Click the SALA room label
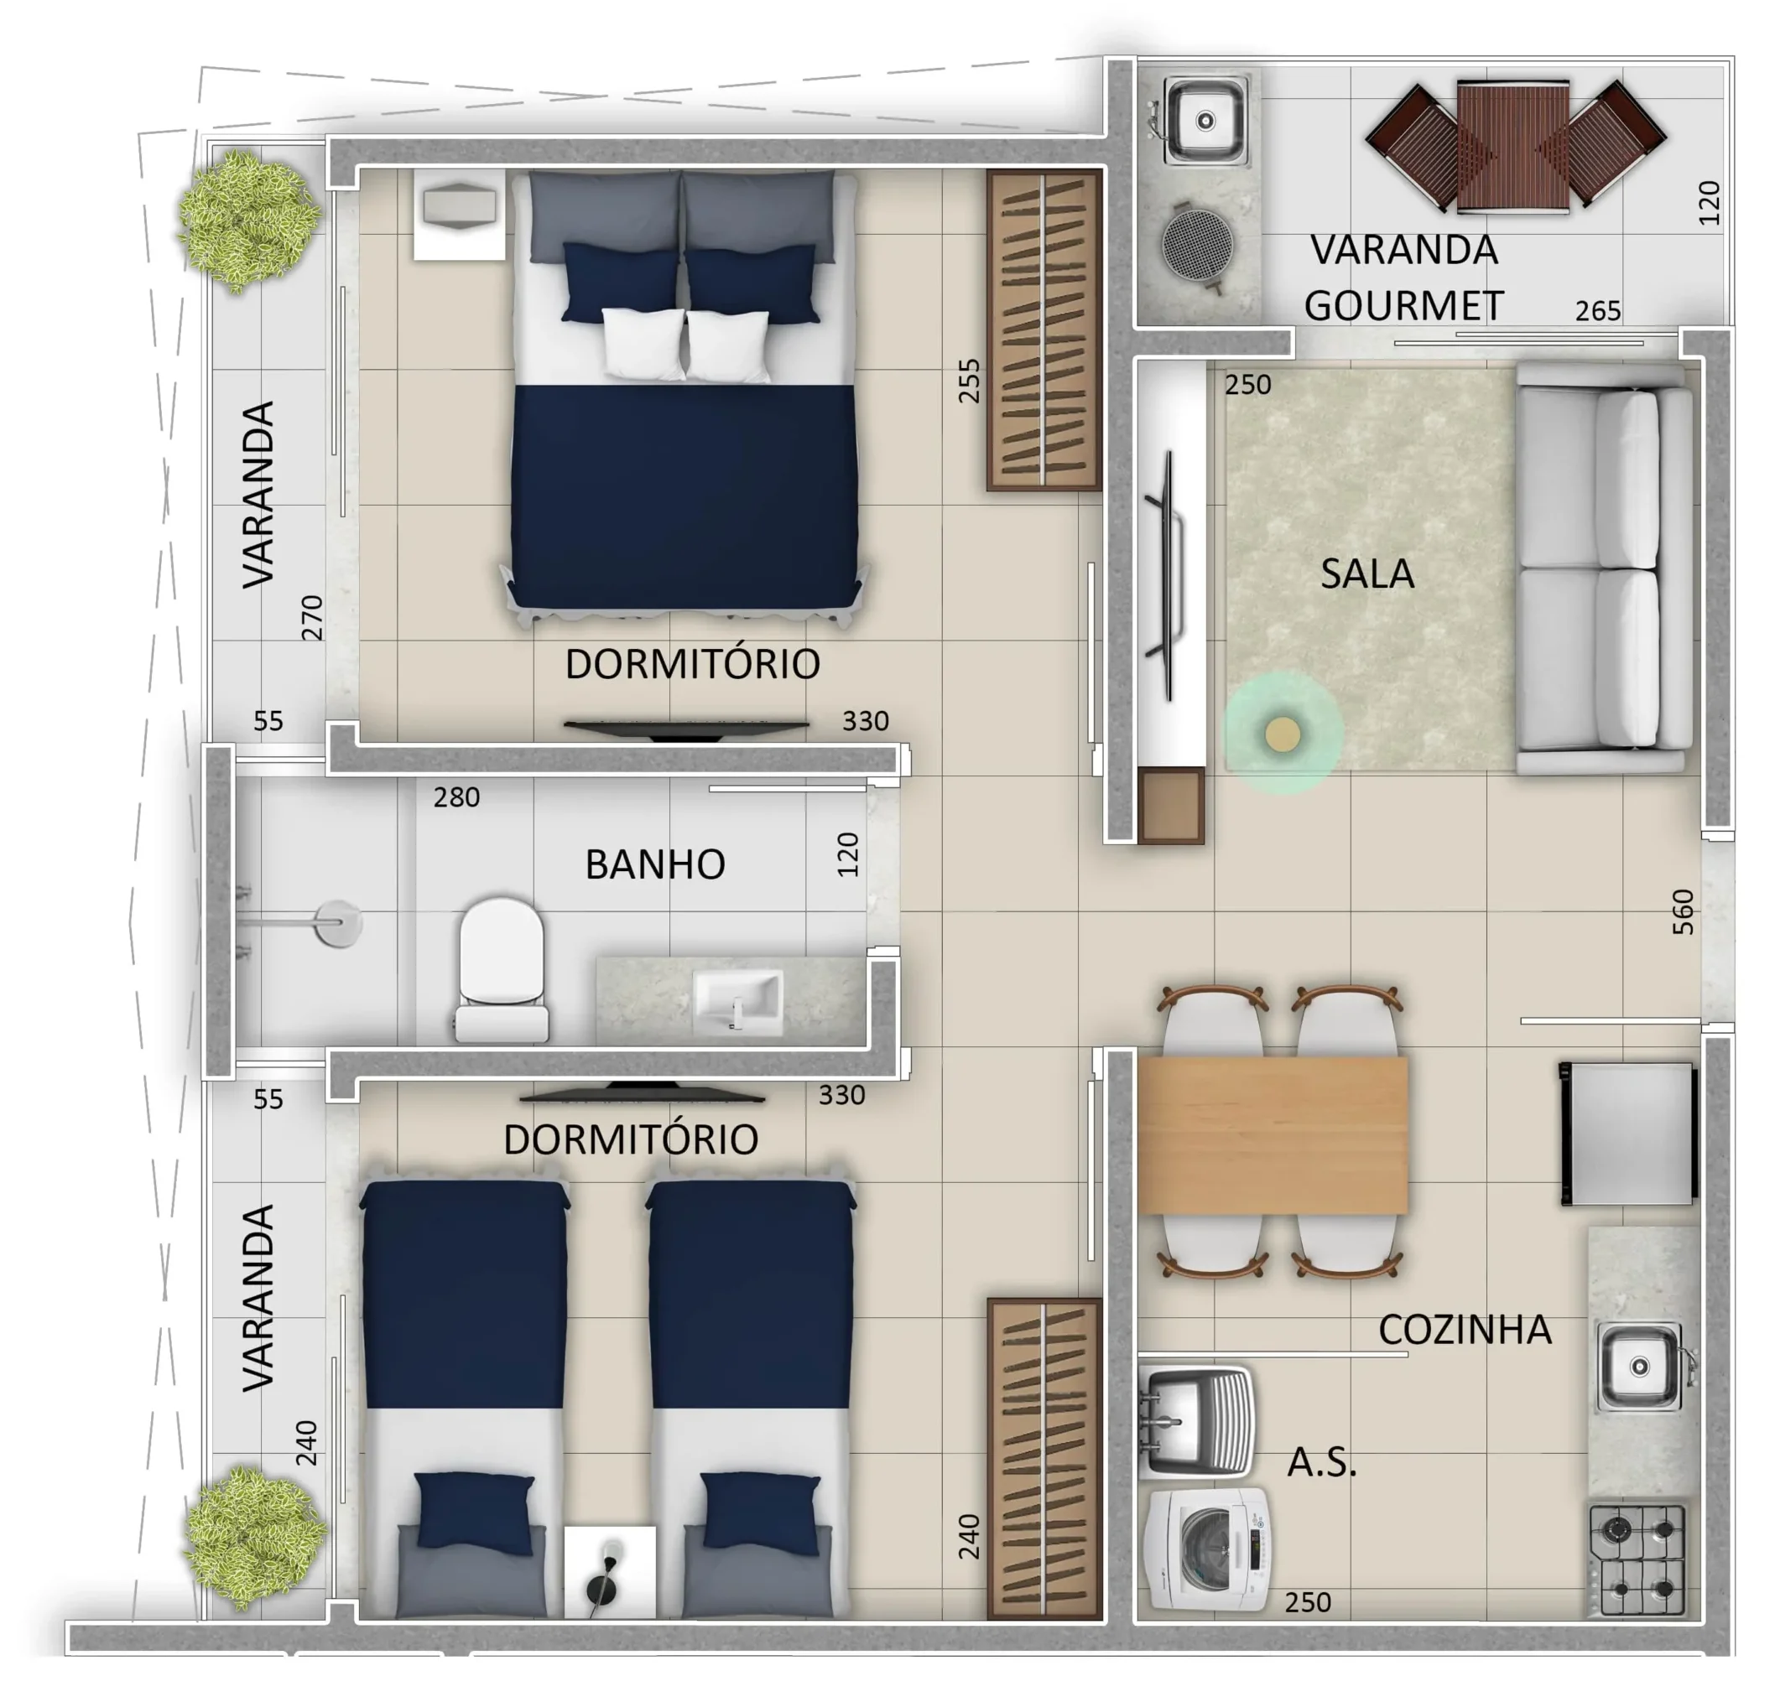(1366, 574)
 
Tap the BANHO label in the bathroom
(655, 864)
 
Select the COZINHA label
(1465, 1329)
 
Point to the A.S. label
(1321, 1462)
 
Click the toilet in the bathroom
(501, 969)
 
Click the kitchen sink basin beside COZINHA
(1640, 1366)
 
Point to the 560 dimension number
(1682, 911)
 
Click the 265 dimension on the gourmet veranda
(1597, 311)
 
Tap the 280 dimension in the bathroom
(456, 797)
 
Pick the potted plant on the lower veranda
(254, 1539)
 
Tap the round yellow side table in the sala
(1283, 735)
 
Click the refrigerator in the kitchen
(1627, 1134)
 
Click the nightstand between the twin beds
(610, 1574)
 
